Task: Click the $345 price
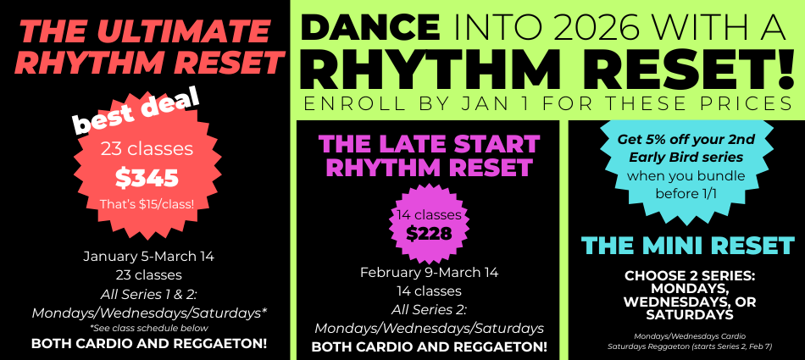tap(147, 178)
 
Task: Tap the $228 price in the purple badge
tap(429, 234)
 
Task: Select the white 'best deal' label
tap(137, 112)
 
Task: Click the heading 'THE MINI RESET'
tap(687, 246)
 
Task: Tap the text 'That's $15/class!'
tap(147, 204)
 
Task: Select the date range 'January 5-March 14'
tap(149, 257)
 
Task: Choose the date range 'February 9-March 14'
tap(430, 272)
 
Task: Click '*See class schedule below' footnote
tap(149, 328)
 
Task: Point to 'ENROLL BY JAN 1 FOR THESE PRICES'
tap(547, 103)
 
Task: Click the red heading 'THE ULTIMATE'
tap(144, 32)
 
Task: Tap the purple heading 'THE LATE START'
tap(430, 144)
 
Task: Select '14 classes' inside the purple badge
tap(429, 215)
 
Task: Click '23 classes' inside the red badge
tap(147, 149)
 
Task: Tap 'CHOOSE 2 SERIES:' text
tap(690, 276)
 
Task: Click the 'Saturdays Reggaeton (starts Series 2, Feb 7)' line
tap(690, 346)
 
